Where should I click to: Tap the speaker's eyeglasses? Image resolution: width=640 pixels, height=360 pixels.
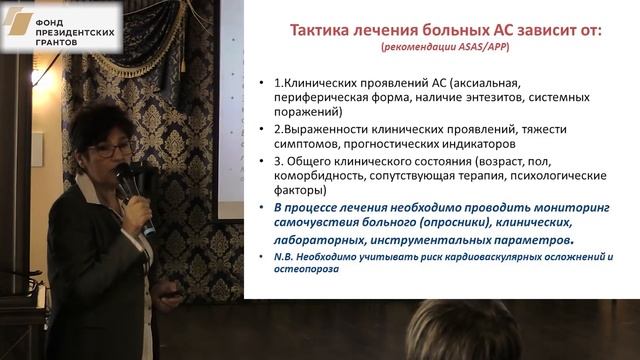109,149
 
